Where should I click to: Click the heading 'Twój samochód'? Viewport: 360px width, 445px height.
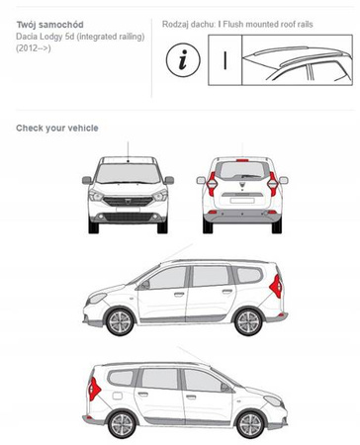(49, 25)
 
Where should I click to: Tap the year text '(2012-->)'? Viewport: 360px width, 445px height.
(34, 48)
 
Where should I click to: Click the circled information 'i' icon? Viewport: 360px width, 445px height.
(183, 60)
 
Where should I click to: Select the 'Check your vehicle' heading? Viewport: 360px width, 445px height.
(57, 128)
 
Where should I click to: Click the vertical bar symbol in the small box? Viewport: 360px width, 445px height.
(225, 60)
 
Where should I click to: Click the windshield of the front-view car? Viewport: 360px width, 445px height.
(128, 173)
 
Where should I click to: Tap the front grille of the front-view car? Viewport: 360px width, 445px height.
(128, 201)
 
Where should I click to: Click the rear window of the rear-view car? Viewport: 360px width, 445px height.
(242, 170)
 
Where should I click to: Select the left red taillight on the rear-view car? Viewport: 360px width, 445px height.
(212, 184)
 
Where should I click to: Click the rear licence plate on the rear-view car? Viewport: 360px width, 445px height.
(242, 201)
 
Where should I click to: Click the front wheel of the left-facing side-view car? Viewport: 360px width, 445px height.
(120, 322)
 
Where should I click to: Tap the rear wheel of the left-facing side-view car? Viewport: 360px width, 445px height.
(248, 322)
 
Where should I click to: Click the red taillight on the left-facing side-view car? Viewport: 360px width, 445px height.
(276, 286)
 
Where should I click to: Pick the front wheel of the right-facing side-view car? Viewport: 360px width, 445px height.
(250, 424)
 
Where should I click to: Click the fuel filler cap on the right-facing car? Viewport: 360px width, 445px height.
(118, 395)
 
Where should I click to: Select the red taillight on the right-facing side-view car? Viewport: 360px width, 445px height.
(94, 389)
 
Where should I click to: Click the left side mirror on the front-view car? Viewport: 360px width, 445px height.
(87, 180)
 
